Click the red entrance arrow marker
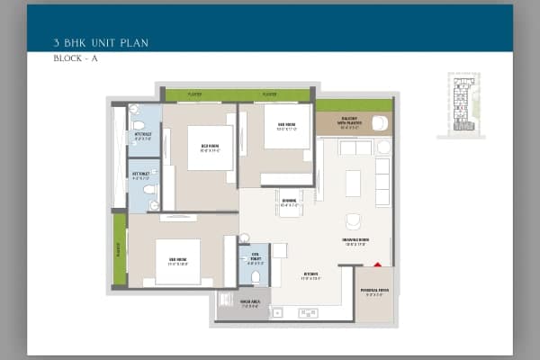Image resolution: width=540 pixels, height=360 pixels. point(377,265)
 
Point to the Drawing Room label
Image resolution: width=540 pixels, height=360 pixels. point(353,240)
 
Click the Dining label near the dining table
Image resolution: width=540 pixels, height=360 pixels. point(289,203)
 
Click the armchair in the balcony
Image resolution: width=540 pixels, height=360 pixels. point(379,123)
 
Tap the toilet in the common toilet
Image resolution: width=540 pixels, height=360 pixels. point(255,276)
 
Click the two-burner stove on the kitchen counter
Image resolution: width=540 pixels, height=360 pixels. point(308,313)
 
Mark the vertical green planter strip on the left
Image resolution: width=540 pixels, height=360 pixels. point(119,248)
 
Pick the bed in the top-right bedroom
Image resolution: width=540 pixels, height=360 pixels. point(287,127)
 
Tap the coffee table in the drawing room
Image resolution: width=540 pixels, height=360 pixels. point(353,183)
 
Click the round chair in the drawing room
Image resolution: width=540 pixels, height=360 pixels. point(353,220)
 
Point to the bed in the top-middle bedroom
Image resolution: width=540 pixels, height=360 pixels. point(210,147)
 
